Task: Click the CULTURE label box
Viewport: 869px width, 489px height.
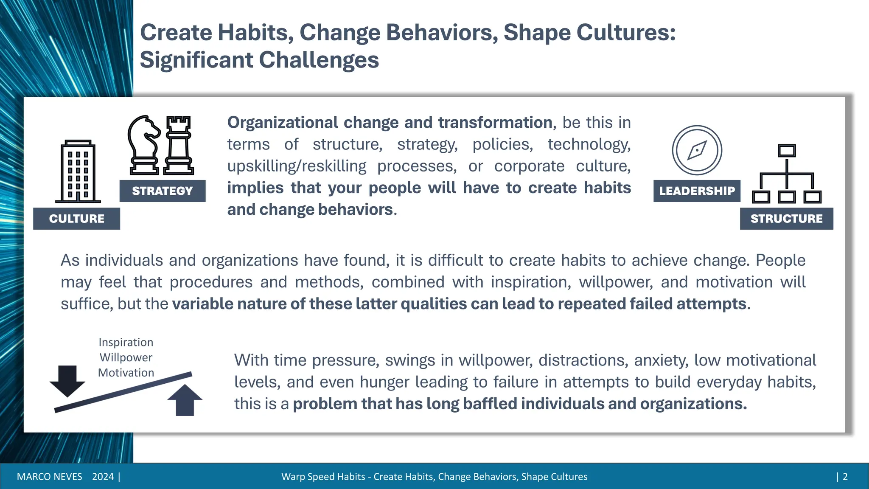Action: [76, 219]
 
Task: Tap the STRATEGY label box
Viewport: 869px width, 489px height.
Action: [163, 191]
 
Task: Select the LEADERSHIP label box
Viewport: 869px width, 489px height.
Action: [697, 191]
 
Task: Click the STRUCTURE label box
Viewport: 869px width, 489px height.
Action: [786, 219]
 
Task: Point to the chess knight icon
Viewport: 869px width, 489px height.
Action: [144, 145]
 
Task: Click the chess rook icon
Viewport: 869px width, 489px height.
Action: [179, 145]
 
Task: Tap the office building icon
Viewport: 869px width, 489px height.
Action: [78, 171]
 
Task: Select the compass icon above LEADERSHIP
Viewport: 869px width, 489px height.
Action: [697, 150]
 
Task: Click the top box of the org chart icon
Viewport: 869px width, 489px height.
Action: [787, 151]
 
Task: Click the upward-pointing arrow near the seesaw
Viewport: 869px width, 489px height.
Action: [185, 400]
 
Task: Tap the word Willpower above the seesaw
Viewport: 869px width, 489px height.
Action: [126, 357]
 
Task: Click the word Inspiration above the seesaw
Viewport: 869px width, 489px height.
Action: [126, 342]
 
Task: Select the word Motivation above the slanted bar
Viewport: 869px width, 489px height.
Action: [126, 373]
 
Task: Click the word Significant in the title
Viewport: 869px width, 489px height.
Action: [196, 60]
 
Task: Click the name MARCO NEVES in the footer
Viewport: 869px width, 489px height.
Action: [49, 477]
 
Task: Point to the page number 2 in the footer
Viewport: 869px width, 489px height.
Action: [845, 477]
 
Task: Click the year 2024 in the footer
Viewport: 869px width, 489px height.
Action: [103, 477]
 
